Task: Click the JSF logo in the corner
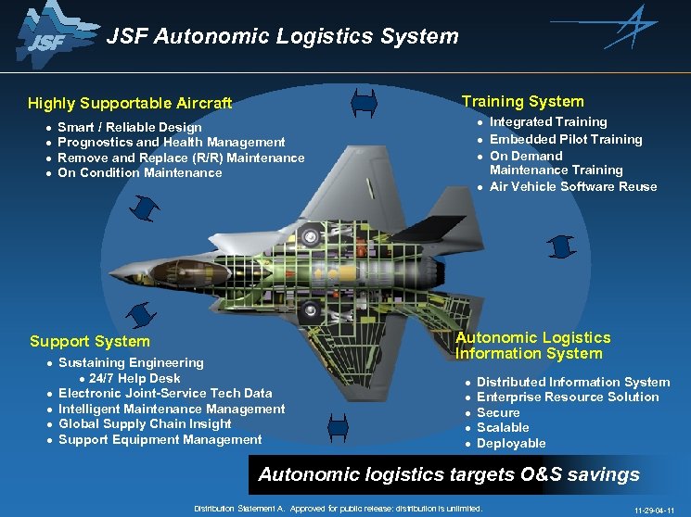[x=47, y=36]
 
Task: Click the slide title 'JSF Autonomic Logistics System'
[x=282, y=37]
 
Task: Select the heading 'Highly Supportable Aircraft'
[x=130, y=103]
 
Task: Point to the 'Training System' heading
[x=523, y=101]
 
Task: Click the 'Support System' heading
[x=90, y=341]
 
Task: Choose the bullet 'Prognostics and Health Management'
[x=172, y=142]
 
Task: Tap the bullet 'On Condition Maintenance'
[x=140, y=172]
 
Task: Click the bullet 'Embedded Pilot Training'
[x=566, y=139]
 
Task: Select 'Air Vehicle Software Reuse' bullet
[x=573, y=186]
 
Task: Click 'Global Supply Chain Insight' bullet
[x=145, y=423]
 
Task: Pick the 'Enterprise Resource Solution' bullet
[x=568, y=397]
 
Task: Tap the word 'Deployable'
[x=511, y=443]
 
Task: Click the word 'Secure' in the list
[x=499, y=412]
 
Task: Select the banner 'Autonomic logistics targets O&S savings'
[x=449, y=474]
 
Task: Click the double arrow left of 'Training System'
[x=364, y=102]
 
